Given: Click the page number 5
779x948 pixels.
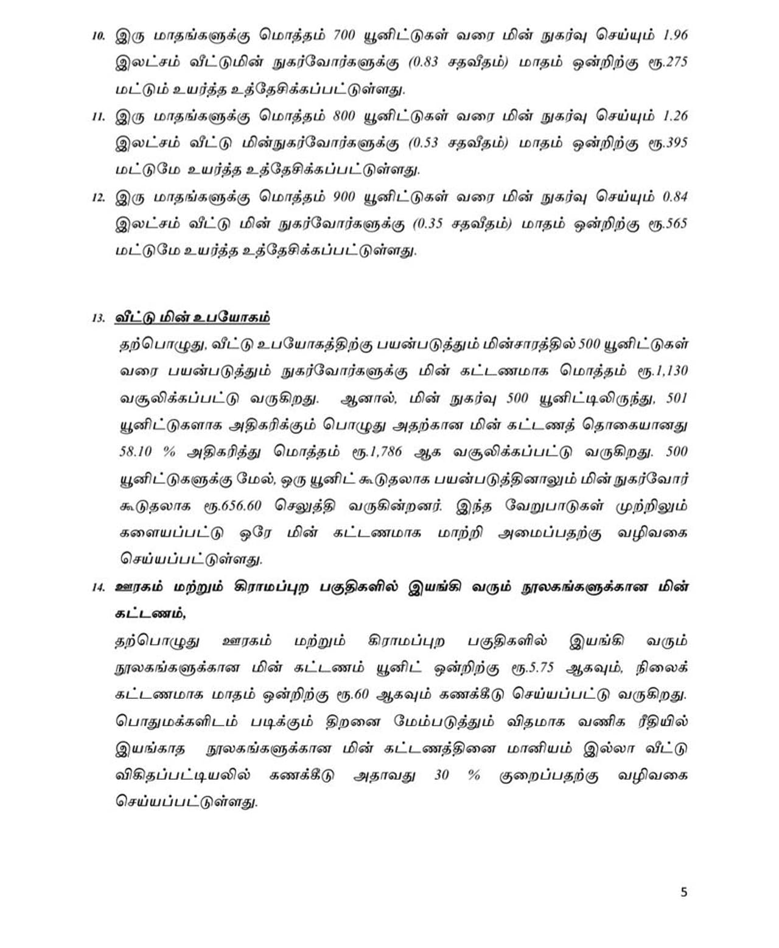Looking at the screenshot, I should (x=684, y=892).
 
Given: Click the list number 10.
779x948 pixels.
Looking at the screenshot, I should (x=99, y=35).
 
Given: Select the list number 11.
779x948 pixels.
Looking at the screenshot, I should (x=99, y=116).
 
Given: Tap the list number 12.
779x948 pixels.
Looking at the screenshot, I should (x=99, y=197).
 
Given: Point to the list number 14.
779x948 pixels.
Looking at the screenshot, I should (x=99, y=588).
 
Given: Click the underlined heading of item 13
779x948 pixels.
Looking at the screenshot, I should (x=192, y=317).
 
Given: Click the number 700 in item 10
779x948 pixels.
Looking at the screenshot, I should (x=344, y=35).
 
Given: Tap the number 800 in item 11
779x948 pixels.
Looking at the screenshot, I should (x=344, y=116).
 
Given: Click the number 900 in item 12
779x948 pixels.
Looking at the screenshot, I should (x=345, y=197).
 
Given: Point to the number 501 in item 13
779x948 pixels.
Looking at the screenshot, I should (x=677, y=398).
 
